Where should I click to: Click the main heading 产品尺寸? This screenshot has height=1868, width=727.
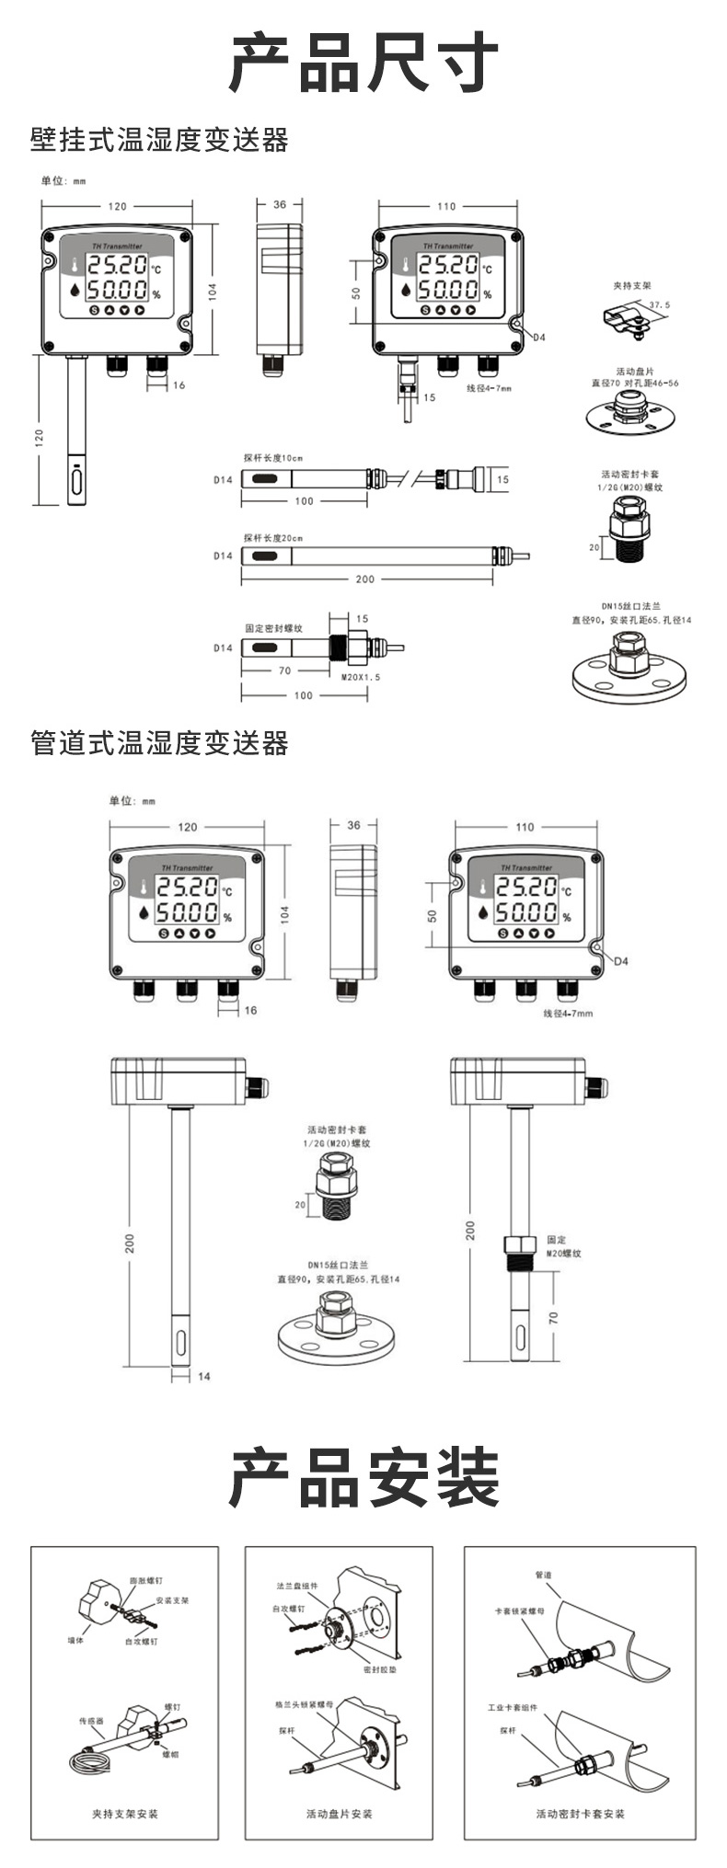363,63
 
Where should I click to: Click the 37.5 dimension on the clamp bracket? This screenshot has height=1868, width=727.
660,304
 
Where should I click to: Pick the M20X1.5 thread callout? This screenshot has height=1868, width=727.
361,677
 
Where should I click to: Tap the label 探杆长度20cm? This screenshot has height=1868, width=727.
273,538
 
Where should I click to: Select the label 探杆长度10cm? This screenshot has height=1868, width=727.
273,458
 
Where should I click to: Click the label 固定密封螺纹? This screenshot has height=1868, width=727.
274,629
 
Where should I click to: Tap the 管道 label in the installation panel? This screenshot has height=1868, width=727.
543,1576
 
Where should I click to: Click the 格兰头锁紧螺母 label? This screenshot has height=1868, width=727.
305,1703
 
